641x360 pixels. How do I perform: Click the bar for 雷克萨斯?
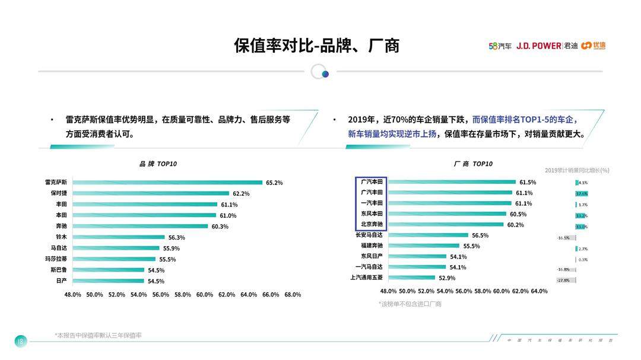167,183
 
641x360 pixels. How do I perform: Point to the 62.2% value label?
241,193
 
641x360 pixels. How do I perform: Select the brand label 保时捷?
58,193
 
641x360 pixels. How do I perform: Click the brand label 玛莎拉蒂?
56,259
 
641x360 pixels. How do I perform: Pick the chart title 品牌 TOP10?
158,164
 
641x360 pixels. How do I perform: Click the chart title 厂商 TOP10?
473,164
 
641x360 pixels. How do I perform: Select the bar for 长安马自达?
428,235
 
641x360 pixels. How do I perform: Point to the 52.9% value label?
447,278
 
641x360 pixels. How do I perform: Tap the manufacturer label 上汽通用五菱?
367,278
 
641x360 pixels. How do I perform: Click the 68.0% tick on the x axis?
293,295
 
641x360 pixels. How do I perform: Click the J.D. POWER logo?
538,46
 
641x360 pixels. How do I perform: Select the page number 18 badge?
21,341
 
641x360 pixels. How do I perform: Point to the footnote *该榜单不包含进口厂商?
410,304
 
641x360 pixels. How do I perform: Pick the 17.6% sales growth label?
582,194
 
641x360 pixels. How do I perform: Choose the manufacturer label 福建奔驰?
372,246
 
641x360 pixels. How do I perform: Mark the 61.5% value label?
528,183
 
